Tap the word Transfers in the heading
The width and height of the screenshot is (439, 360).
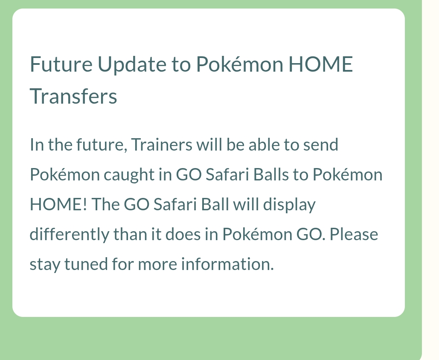click(x=73, y=96)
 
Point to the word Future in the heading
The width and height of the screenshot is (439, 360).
click(x=61, y=65)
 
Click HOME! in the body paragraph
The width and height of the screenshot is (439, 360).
click(x=58, y=205)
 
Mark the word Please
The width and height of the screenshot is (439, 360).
click(x=356, y=235)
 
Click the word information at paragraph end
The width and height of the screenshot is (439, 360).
click(x=227, y=264)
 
